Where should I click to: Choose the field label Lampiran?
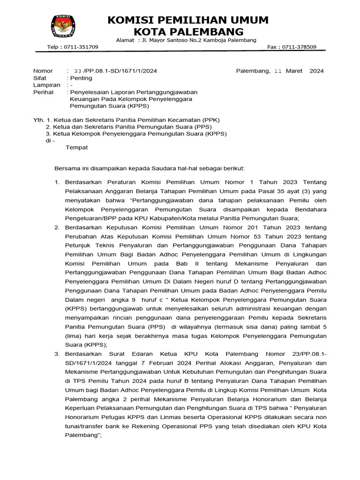(x=47, y=85)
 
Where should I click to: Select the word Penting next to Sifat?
(x=81, y=78)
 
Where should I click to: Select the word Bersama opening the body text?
(x=67, y=168)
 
